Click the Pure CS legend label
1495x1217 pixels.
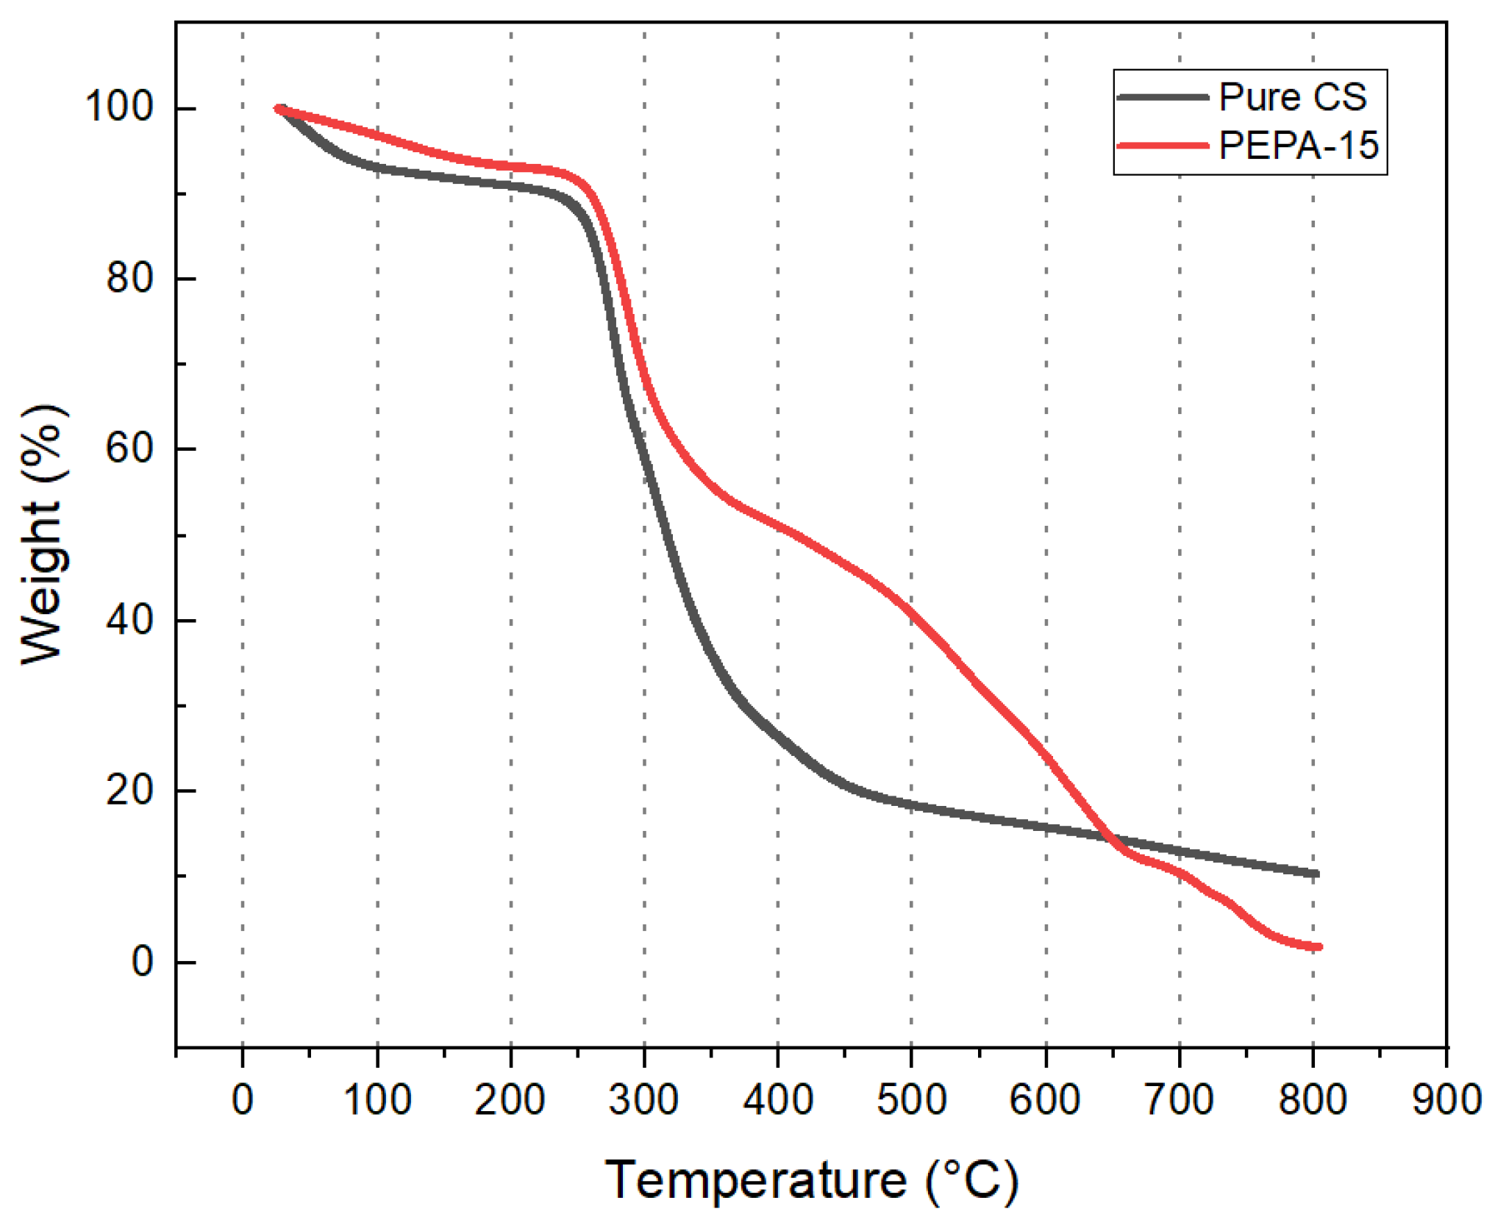click(x=1292, y=97)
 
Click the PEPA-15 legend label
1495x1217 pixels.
click(x=1298, y=146)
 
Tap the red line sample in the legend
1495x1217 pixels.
click(x=1162, y=146)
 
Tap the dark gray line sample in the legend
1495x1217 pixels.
click(x=1162, y=97)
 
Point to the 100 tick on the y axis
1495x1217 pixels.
click(x=119, y=107)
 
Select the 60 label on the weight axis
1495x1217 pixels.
click(x=129, y=448)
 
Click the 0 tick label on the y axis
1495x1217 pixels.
click(x=142, y=961)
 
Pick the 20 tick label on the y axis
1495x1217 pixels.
click(x=129, y=790)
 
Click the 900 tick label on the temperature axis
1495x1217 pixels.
click(x=1446, y=1100)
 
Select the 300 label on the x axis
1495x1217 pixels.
click(x=643, y=1100)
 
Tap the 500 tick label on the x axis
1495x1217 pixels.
click(x=911, y=1100)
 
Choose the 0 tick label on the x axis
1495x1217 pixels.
click(x=243, y=1100)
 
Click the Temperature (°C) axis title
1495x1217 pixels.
click(x=811, y=1181)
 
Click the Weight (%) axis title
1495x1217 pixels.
click(x=43, y=534)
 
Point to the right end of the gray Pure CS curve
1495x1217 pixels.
click(x=1316, y=874)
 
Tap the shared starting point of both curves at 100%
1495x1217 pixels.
click(x=279, y=109)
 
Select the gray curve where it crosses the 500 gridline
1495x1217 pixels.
click(x=912, y=805)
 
